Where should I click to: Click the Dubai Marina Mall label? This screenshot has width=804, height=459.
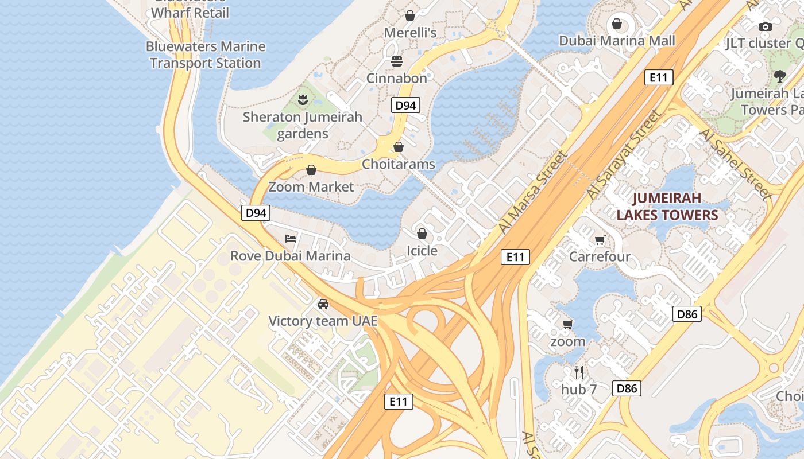pos(617,41)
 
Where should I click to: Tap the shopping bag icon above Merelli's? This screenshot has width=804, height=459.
pos(410,15)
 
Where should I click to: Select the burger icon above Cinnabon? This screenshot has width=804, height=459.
pos(397,61)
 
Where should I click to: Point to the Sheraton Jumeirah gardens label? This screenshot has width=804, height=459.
pos(303,125)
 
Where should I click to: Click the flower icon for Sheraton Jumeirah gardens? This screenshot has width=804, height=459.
pos(303,100)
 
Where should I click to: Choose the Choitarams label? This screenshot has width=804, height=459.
pos(399,164)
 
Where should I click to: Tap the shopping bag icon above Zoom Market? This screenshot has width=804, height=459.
pos(311,170)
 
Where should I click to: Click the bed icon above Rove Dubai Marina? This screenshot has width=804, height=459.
pos(291,239)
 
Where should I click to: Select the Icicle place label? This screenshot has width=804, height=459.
pos(422,251)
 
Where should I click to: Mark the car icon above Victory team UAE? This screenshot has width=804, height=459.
pos(323,304)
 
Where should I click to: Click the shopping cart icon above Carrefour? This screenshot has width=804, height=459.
pos(600,240)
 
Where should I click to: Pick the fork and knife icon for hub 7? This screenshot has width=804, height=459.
pos(579,372)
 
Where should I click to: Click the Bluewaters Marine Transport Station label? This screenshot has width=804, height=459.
pos(206,55)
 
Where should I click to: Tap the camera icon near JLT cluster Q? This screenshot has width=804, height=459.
pos(765,26)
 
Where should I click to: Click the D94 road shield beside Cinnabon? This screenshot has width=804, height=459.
pos(405,105)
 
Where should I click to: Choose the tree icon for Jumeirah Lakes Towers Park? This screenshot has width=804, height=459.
pos(779,76)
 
